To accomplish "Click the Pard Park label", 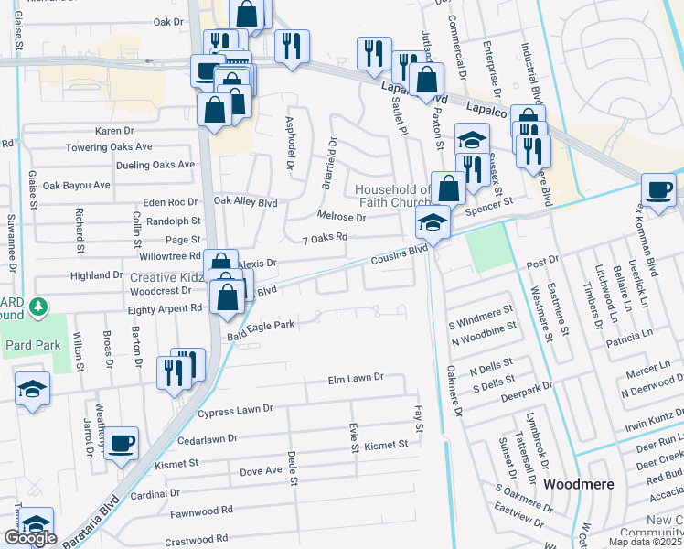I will point(31,345).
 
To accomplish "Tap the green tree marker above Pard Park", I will point(37,305).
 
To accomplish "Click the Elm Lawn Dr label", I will point(356,377).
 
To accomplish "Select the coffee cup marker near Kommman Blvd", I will point(658,189).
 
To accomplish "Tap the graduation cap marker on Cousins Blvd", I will point(433,222).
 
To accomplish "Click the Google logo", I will point(30,538).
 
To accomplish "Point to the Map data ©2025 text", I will point(644,542).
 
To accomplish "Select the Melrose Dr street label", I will point(341,218).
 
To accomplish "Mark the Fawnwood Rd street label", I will point(201,510).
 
